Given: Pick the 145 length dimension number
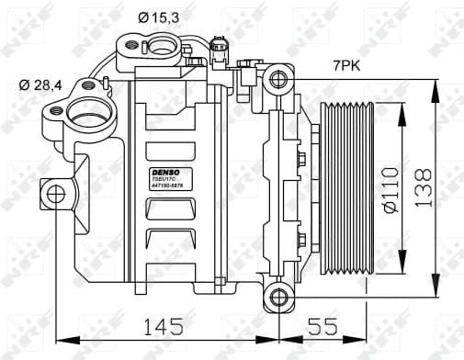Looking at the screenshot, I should point(163,326).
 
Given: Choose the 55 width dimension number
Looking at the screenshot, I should point(322,326).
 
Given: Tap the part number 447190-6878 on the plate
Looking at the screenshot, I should point(164,189).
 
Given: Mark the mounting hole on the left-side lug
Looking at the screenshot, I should point(55,194).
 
